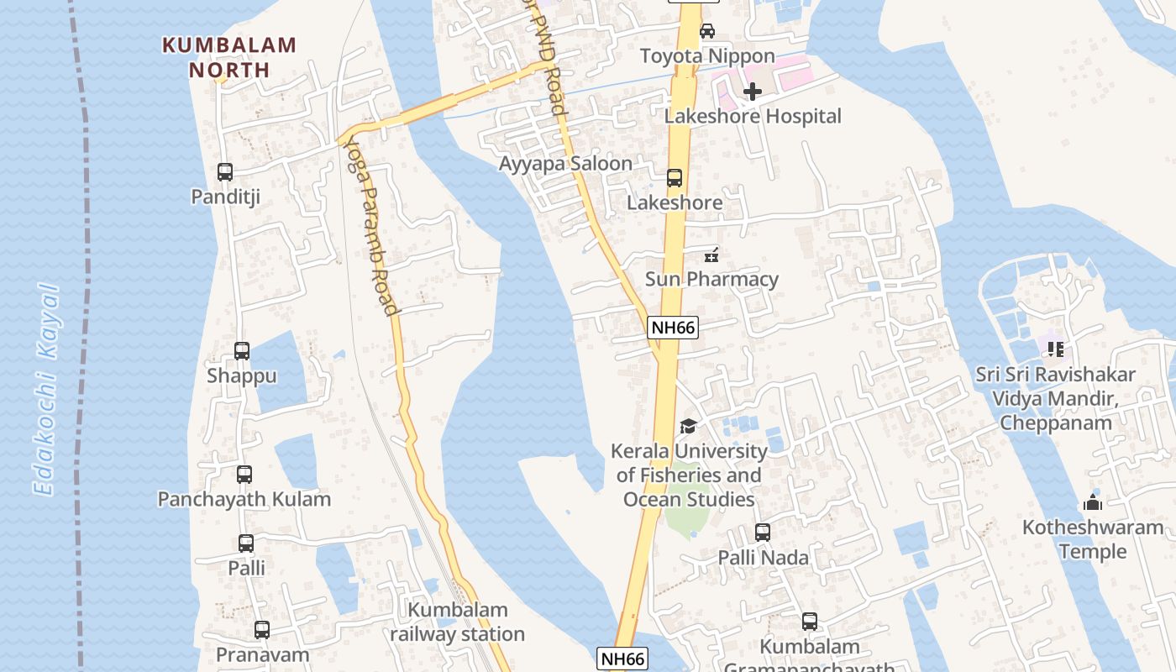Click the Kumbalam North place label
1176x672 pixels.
coord(229,57)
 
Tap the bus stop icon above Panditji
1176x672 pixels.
coord(225,172)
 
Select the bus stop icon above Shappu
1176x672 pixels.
coord(242,351)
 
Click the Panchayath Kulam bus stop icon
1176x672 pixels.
coord(244,475)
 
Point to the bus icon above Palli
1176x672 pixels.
coord(246,543)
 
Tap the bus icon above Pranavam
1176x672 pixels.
coord(262,630)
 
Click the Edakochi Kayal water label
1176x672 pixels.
coord(48,390)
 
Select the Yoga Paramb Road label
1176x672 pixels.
coord(370,226)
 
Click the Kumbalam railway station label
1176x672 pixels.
coord(458,622)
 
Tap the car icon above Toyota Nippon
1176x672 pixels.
coord(707,31)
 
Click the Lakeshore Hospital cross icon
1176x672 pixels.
coord(753,91)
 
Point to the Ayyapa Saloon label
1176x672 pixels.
coord(565,164)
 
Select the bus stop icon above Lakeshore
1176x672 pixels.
coord(675,178)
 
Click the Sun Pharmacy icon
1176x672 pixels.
coord(711,255)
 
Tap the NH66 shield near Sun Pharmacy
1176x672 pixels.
coord(673,328)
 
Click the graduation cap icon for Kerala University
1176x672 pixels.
coord(688,427)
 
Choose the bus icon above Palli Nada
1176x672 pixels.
coord(763,533)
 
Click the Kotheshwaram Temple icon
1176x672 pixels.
coord(1093,502)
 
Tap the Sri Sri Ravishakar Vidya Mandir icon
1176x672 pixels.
coord(1055,348)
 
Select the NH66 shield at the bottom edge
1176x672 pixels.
coord(622,659)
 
